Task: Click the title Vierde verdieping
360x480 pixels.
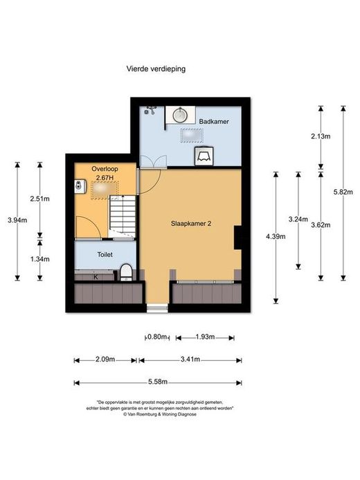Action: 156,69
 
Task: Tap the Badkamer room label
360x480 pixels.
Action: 214,121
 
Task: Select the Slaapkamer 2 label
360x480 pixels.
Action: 191,224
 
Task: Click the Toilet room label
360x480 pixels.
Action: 105,254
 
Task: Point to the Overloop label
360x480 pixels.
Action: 105,169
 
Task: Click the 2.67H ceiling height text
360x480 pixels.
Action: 105,177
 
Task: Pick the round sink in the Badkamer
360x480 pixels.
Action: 180,115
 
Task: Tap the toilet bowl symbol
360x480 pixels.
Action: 126,272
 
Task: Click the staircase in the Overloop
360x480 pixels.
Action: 123,216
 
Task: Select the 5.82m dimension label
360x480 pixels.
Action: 343,192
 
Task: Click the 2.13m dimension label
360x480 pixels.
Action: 321,136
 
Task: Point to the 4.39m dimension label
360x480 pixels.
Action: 276,236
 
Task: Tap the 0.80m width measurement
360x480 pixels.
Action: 157,337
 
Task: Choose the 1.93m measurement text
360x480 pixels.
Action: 205,337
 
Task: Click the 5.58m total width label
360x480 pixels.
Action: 158,382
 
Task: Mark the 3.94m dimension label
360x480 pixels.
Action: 17,220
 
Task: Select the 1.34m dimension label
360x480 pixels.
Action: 39,259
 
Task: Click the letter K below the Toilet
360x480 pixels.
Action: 96,277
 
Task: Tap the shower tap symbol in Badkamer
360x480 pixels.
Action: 150,110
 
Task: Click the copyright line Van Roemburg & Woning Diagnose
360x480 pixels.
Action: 160,414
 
